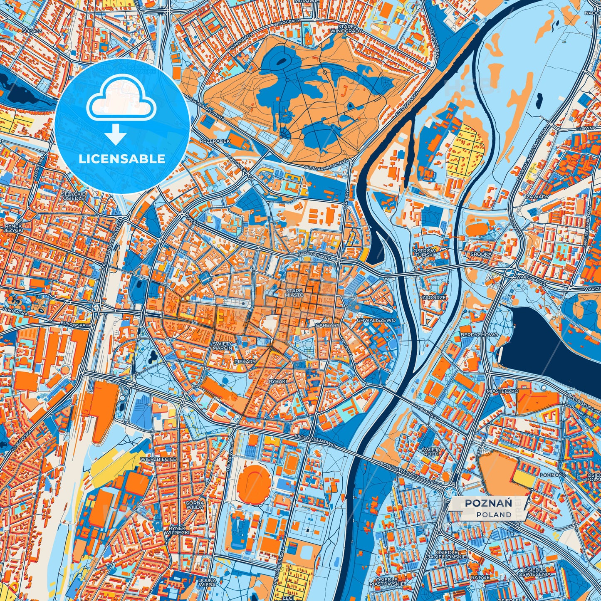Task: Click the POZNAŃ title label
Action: [x=488, y=503]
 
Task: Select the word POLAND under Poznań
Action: [x=494, y=514]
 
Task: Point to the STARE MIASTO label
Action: [x=294, y=293]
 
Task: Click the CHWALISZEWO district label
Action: [x=376, y=320]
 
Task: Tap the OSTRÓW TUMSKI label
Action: [x=425, y=253]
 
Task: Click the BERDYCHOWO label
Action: [x=473, y=334]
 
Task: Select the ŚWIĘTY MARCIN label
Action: [x=223, y=346]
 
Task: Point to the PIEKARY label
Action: [x=245, y=362]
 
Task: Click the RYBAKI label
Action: [x=266, y=381]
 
